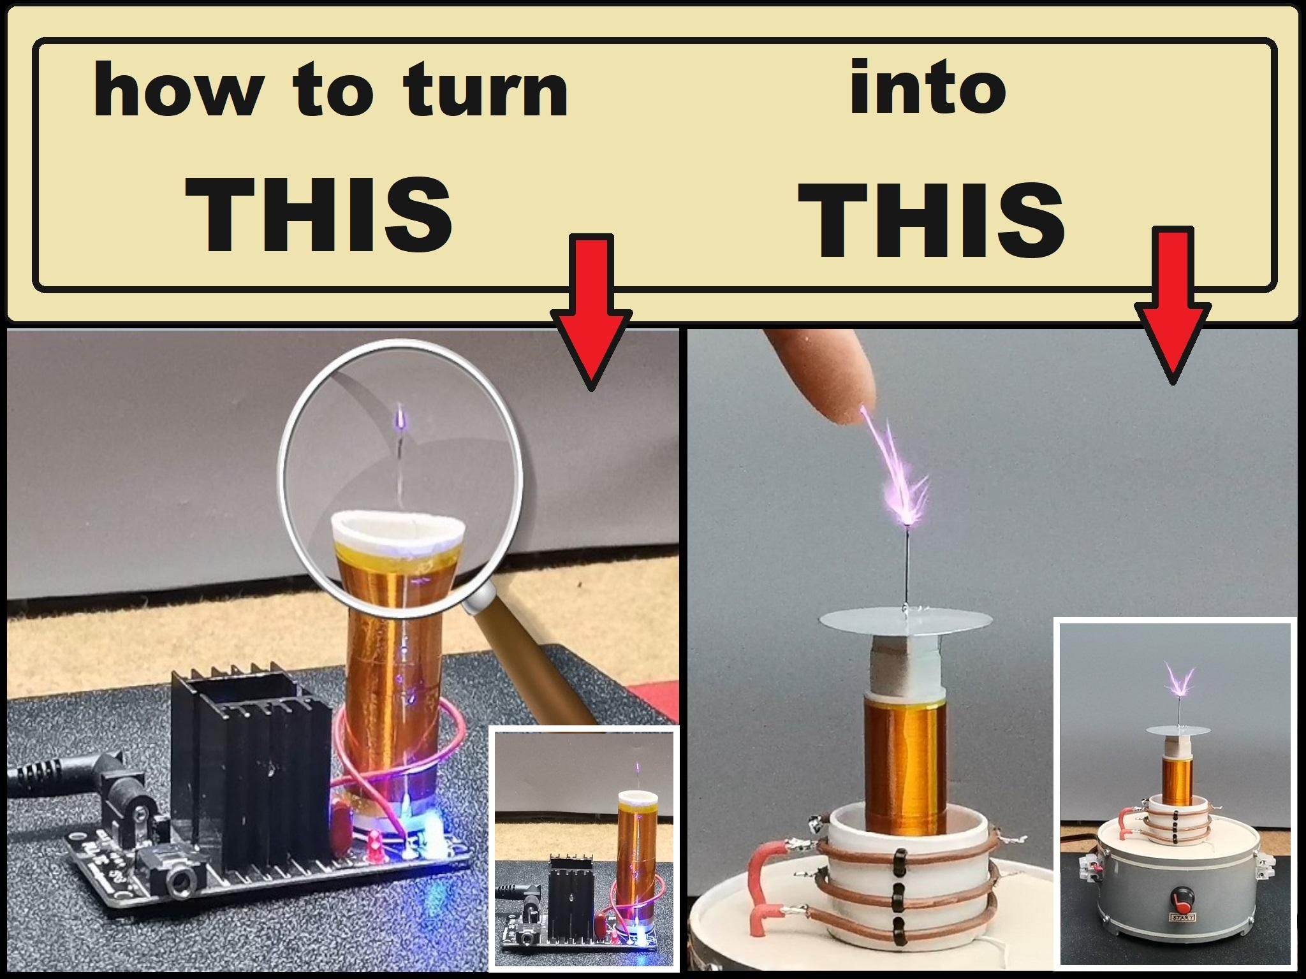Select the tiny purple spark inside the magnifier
click(400, 417)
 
